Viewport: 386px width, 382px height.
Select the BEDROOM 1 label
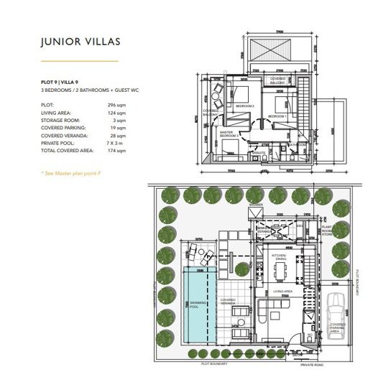point(277,116)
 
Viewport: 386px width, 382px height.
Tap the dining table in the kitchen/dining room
point(279,271)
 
